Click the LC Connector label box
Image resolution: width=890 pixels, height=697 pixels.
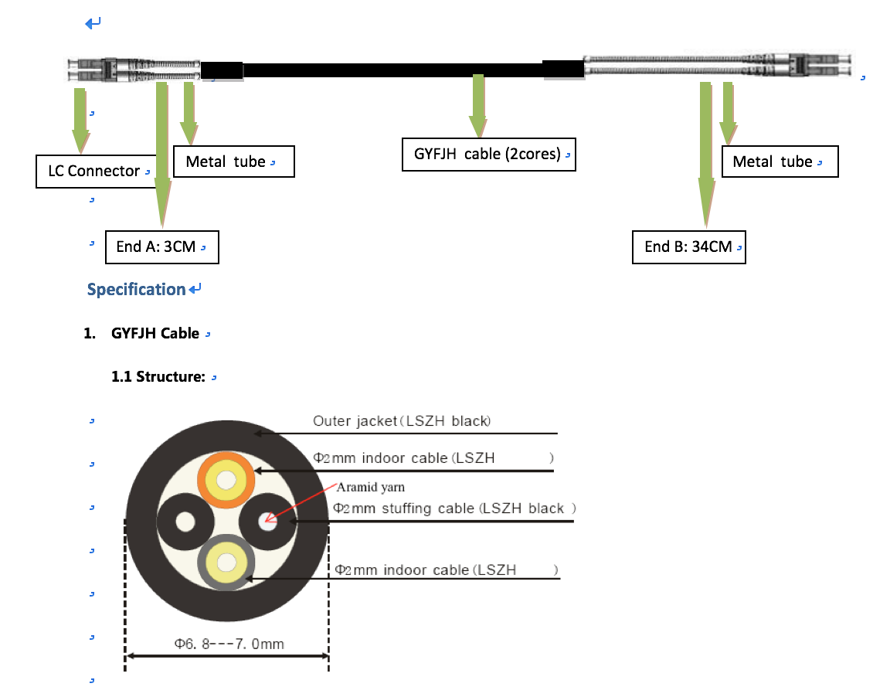click(95, 171)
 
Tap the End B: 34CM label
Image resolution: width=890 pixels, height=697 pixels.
click(688, 247)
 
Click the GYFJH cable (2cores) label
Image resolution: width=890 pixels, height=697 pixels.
click(489, 154)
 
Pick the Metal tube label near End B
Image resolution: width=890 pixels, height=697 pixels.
click(780, 161)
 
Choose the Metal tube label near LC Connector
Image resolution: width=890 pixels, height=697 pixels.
click(233, 161)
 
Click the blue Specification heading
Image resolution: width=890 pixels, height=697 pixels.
click(136, 290)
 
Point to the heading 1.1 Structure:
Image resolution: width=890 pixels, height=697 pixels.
click(158, 376)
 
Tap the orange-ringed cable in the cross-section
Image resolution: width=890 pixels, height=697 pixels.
click(226, 480)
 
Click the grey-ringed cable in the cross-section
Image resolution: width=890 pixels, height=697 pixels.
click(226, 563)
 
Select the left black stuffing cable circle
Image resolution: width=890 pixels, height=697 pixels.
click(185, 522)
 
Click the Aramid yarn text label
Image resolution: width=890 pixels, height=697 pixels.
click(371, 487)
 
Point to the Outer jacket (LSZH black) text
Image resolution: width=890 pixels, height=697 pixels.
click(402, 420)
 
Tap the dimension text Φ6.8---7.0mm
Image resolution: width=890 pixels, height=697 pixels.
click(229, 644)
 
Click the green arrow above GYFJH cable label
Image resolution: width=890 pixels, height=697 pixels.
click(478, 106)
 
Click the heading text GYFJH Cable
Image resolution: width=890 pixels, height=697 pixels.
click(155, 333)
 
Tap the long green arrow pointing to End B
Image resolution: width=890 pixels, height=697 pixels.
click(706, 155)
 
